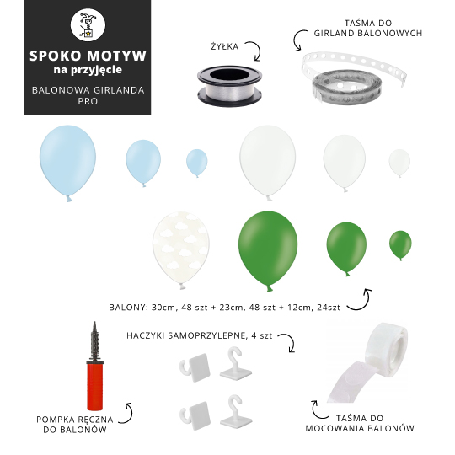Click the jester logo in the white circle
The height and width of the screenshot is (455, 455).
(x=88, y=25)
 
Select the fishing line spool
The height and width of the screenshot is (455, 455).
(x=229, y=86)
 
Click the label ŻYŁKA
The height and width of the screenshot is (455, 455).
(x=225, y=46)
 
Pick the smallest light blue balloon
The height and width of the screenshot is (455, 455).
(x=196, y=163)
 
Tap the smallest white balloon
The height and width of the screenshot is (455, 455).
(x=399, y=163)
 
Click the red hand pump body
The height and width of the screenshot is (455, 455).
(x=94, y=386)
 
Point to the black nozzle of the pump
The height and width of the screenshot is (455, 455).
(x=94, y=341)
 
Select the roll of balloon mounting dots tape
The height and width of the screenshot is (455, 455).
(x=368, y=361)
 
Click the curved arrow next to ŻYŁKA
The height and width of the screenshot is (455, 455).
(x=256, y=50)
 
